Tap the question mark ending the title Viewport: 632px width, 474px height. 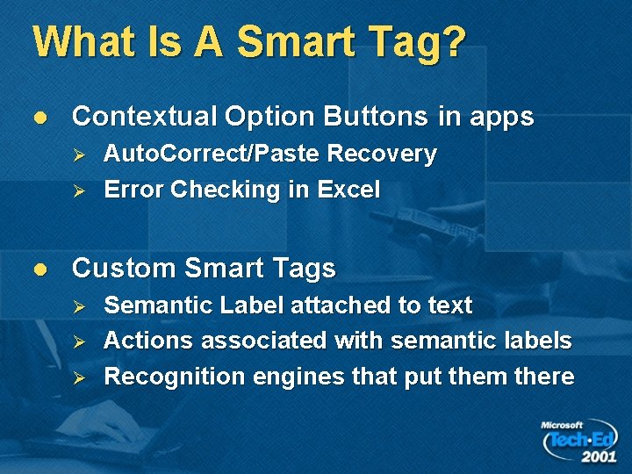[451, 42]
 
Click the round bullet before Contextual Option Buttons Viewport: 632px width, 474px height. [39, 118]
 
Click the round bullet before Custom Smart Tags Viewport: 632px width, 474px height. [39, 269]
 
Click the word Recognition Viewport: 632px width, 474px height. [175, 377]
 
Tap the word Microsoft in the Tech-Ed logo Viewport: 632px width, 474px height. [562, 425]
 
